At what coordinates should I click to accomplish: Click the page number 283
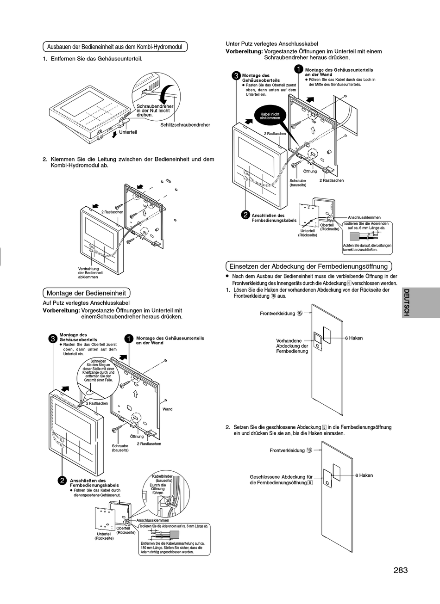(x=401, y=570)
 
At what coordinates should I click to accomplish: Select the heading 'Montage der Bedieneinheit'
(x=87, y=293)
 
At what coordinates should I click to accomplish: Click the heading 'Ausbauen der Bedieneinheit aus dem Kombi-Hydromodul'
(x=115, y=47)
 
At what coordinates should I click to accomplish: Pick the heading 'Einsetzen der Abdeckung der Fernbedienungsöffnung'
(x=309, y=266)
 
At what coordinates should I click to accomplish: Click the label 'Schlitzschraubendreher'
(x=185, y=125)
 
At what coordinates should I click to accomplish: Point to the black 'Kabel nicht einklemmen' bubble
(x=270, y=116)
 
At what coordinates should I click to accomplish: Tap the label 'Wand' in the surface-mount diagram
(x=168, y=409)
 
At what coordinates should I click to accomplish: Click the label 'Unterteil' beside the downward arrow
(x=128, y=132)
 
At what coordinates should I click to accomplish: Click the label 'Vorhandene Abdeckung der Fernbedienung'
(x=292, y=346)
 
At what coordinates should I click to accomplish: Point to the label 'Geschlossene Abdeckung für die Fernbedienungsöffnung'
(x=281, y=480)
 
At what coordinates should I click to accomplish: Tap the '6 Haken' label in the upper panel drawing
(x=354, y=338)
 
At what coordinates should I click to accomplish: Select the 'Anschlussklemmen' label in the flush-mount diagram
(x=364, y=217)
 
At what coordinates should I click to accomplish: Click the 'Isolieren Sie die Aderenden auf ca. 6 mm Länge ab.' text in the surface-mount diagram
(x=174, y=526)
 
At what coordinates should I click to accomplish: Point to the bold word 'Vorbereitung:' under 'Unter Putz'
(x=244, y=51)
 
